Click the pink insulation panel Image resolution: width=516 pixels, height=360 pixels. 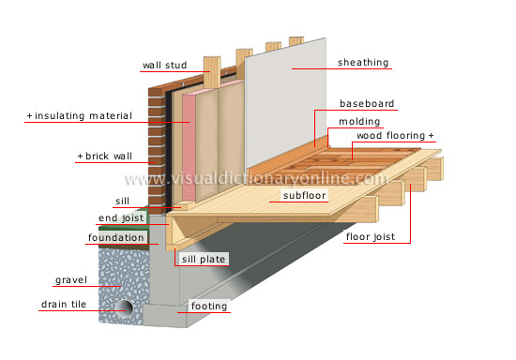coord(185,141)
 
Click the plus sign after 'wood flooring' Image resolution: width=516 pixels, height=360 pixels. coord(432,137)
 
